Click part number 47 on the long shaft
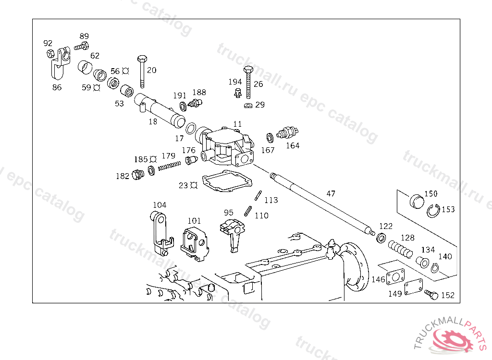[x=331, y=193]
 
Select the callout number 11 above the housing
[x=237, y=124]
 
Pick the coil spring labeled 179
[x=169, y=166]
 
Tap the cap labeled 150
[x=417, y=202]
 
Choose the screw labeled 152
[x=431, y=295]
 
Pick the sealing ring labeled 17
[x=191, y=129]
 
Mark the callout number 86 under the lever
[x=57, y=87]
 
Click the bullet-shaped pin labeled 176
[x=191, y=159]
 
